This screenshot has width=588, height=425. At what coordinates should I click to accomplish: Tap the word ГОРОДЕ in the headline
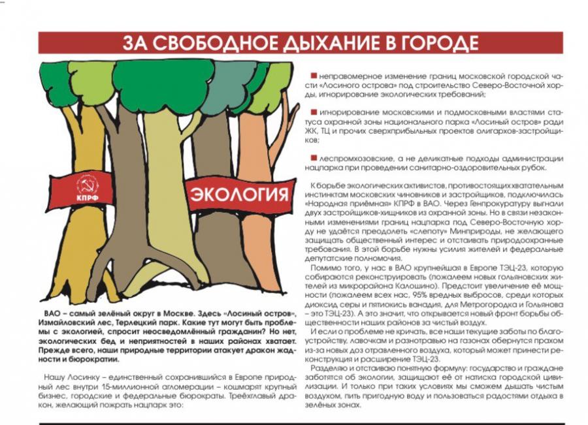click(x=436, y=43)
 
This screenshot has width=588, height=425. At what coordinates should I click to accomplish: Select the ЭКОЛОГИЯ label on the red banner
click(x=239, y=195)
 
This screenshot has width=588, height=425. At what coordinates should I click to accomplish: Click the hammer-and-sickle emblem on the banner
click(x=87, y=183)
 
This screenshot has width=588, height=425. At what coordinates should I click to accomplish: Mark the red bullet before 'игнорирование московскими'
click(x=314, y=112)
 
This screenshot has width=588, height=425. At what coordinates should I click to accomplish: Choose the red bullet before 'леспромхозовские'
click(x=314, y=158)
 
